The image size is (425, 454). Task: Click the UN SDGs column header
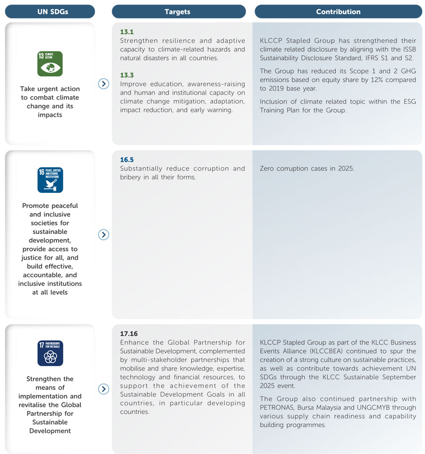pos(50,11)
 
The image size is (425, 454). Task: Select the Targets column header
pos(178,11)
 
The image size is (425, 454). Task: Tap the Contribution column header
pos(338,11)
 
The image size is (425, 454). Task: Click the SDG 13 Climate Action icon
pos(50,64)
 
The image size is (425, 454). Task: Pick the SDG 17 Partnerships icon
pos(50,353)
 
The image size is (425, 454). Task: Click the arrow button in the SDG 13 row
pos(104,84)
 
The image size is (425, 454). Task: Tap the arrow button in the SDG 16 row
pos(104,234)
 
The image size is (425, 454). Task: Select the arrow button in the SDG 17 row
pos(104,389)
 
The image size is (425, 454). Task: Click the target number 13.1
pos(127,32)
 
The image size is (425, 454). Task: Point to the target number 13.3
pos(127,75)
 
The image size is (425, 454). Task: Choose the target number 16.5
pos(127,160)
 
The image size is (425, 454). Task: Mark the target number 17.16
pos(129,334)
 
